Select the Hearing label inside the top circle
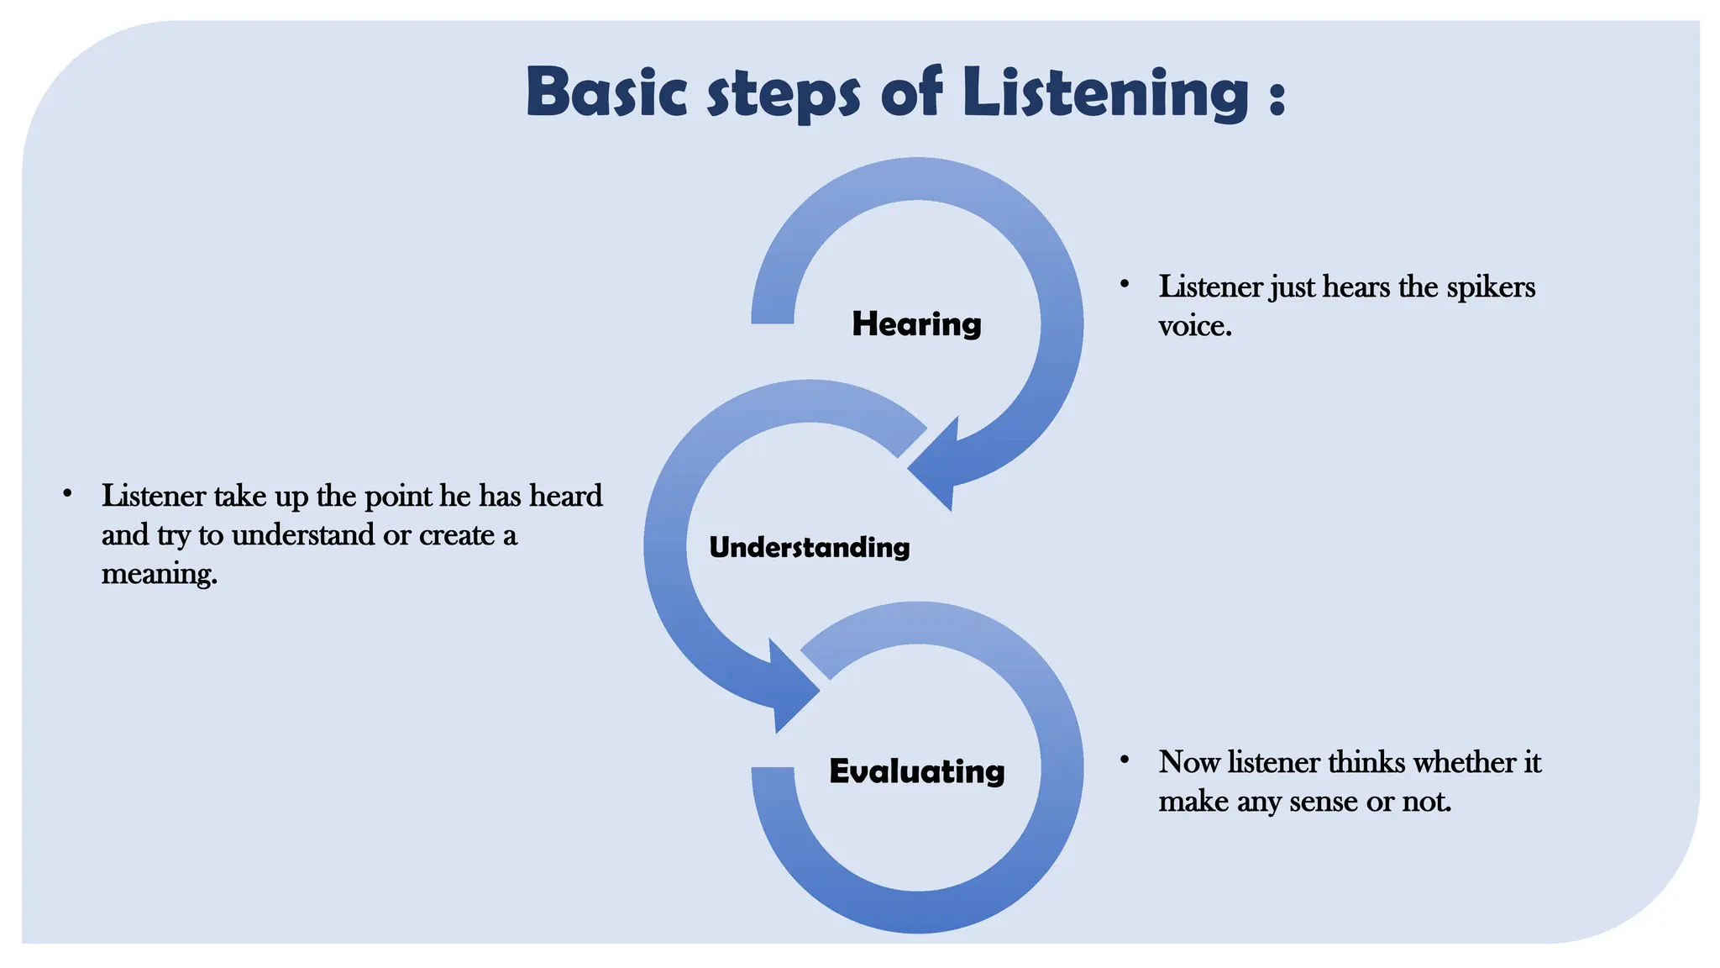tap(916, 324)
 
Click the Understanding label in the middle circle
tap(809, 547)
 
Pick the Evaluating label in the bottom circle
tap(916, 771)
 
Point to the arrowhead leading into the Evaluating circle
tap(789, 689)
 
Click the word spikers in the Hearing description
tap(1491, 287)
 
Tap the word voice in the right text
tap(1193, 326)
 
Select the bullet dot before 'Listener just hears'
tap(1124, 284)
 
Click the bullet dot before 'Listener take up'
tap(67, 493)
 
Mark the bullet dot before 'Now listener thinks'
tap(1124, 760)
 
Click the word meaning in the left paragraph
tap(159, 574)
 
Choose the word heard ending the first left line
tap(566, 496)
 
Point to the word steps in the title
tap(784, 95)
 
